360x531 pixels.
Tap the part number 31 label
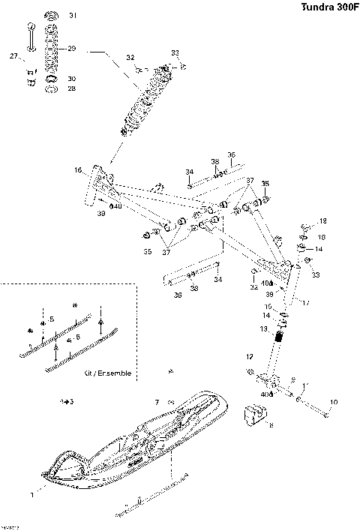point(73,16)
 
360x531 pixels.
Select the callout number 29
point(72,49)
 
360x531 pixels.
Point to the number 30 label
point(72,79)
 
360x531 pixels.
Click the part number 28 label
point(72,88)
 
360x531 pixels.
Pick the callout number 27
point(13,56)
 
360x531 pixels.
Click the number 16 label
point(77,171)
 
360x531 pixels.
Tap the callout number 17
point(305,302)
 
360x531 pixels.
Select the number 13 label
point(263,328)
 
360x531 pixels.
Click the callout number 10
point(334,402)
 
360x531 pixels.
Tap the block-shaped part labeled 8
point(257,415)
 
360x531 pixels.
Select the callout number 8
point(271,425)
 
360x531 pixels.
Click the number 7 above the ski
point(156,403)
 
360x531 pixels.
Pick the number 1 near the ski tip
point(31,495)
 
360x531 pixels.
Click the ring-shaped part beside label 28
point(51,89)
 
